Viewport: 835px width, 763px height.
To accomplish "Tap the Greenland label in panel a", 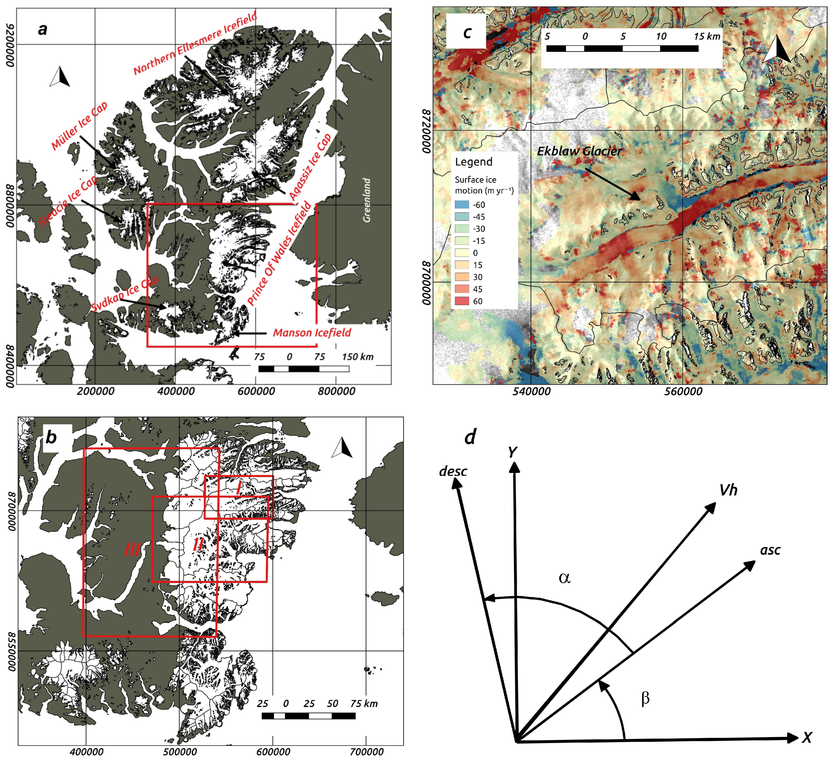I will pos(366,200).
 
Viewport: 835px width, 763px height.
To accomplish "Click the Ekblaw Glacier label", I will pos(579,151).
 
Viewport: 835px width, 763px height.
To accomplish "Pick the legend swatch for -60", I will pos(462,205).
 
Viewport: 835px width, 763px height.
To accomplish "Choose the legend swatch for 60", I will pos(462,301).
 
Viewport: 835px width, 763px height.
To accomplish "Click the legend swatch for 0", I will pos(462,253).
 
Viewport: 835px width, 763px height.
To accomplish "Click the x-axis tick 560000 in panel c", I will pos(683,391).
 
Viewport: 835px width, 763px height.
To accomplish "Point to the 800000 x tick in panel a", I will pos(336,391).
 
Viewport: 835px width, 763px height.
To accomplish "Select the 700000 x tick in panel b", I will pos(366,752).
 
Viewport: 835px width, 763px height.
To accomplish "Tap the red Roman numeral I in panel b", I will pos(239,488).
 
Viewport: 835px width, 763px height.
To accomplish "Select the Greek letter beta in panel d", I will pos(645,698).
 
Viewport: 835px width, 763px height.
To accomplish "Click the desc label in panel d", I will pos(453,471).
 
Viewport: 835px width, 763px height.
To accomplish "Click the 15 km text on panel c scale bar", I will pos(707,36).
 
